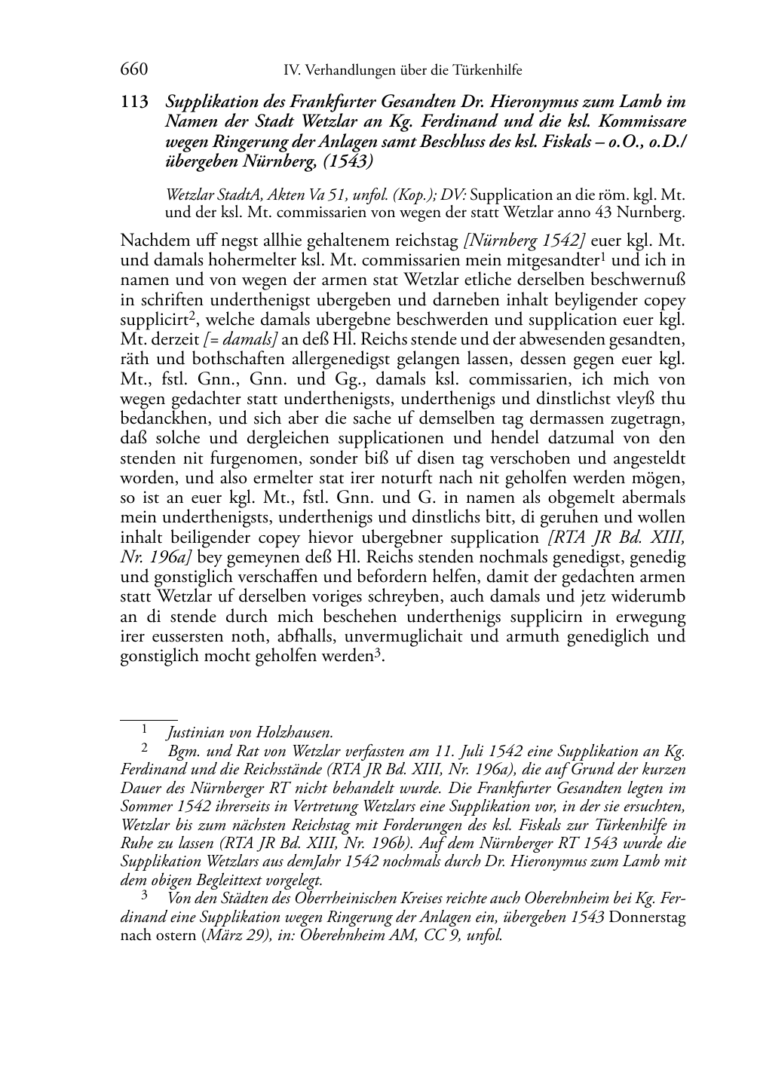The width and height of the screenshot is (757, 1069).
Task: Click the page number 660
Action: point(133,70)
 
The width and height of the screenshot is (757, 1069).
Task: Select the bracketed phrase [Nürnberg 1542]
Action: point(525,241)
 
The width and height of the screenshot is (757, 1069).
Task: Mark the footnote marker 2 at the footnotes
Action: point(144,749)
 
